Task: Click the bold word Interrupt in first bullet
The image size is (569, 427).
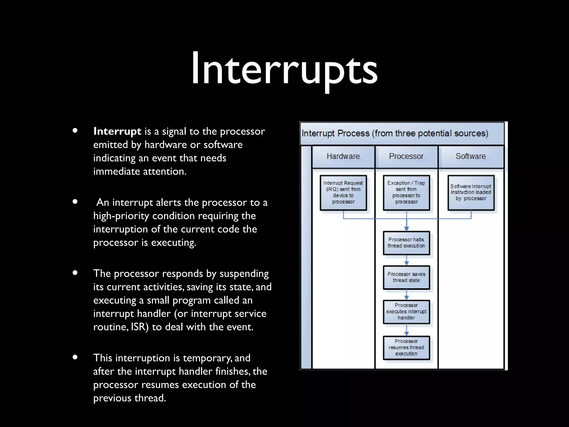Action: click(117, 131)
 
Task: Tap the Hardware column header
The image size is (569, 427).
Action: click(343, 156)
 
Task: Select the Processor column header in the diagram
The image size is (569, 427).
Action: click(406, 156)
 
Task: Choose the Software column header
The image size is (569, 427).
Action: click(471, 156)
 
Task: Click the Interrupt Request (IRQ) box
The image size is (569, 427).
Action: click(343, 192)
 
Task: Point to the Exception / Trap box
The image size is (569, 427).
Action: click(406, 192)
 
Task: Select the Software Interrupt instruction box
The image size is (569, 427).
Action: click(471, 192)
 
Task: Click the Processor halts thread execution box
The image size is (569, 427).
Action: click(406, 243)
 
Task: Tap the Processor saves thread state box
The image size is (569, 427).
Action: click(406, 277)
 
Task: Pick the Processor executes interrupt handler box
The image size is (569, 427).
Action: click(406, 311)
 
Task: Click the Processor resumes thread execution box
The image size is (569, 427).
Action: click(406, 347)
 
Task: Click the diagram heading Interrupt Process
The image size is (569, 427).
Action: click(395, 133)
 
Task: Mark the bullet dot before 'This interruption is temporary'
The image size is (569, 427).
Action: click(75, 357)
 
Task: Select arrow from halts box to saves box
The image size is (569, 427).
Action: click(406, 260)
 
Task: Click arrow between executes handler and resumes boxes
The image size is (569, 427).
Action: click(406, 330)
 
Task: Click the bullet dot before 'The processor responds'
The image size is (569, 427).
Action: click(75, 273)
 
